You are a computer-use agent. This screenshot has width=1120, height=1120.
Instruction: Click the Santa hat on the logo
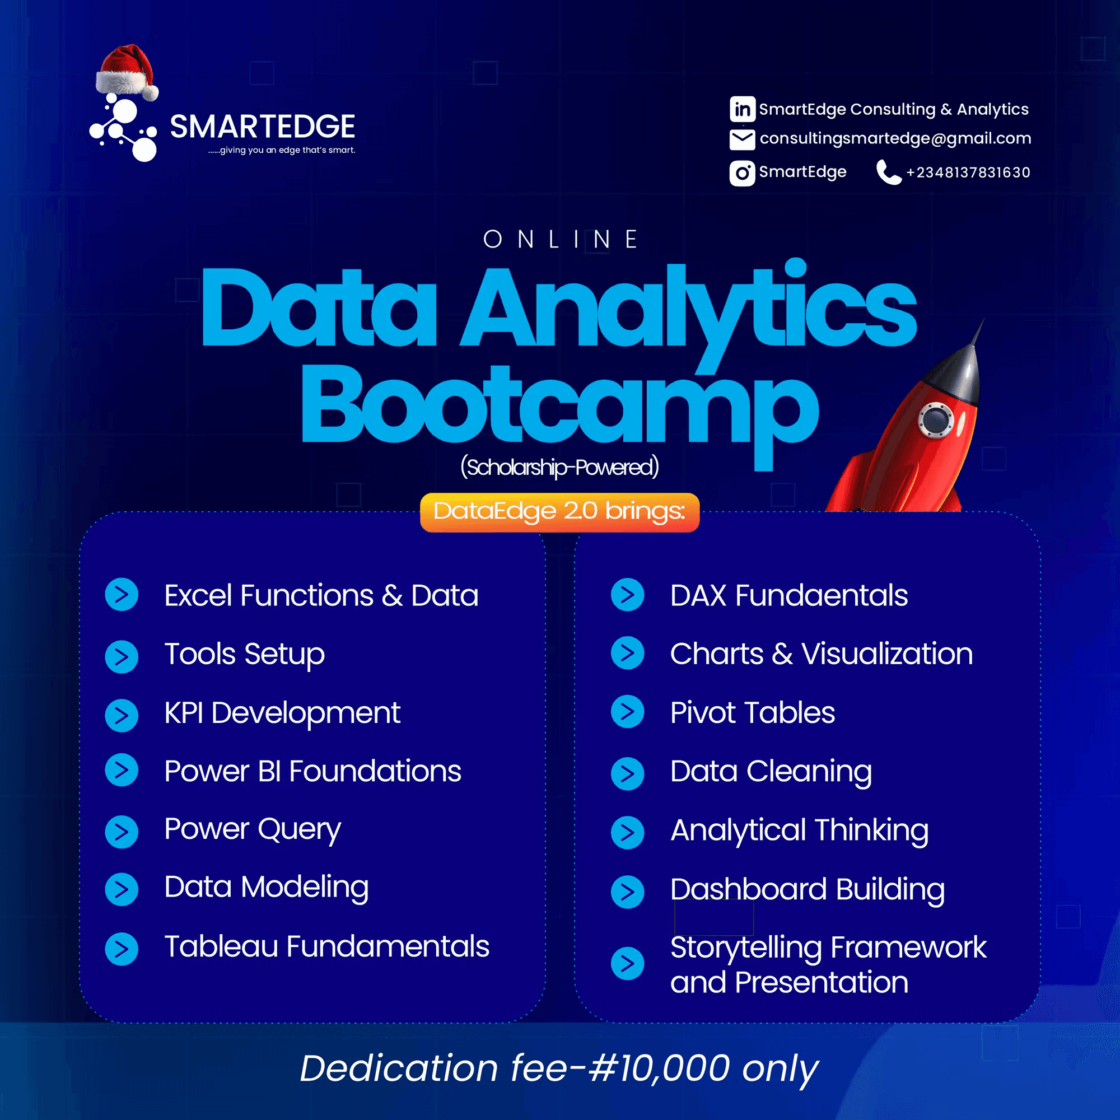pos(127,72)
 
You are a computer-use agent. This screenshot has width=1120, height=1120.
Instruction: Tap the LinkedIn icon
pos(742,109)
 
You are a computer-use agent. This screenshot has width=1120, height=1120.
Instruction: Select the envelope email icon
pos(742,139)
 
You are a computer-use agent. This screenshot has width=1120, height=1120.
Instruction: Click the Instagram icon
pos(742,172)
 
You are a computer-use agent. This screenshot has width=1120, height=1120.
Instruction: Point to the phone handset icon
pos(888,172)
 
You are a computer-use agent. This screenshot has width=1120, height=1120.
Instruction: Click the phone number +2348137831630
pos(968,172)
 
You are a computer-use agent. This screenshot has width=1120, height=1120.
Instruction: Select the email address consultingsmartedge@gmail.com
pos(895,138)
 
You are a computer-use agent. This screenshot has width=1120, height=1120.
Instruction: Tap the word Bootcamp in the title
pos(559,406)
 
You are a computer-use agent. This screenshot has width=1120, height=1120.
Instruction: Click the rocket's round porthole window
pos(935,418)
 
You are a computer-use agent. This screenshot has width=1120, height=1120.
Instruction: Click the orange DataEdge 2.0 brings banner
pos(559,512)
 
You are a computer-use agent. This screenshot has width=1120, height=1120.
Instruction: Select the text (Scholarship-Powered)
pos(559,467)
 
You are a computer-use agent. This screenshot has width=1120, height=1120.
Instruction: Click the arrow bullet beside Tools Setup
pos(122,657)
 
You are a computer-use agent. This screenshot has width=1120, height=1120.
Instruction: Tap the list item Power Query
pos(253,829)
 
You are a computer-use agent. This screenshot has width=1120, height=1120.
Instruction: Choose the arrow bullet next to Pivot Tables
pos(627,712)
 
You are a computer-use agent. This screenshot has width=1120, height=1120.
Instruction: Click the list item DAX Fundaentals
pos(788,595)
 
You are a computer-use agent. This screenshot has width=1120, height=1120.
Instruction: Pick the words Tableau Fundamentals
pos(326,946)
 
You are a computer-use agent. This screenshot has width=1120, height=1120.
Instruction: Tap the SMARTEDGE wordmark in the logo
pos(262,127)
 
